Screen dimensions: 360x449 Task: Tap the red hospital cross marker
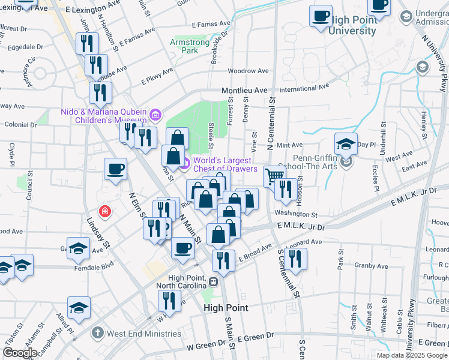[105, 211]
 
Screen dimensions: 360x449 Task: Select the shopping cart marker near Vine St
[274, 176]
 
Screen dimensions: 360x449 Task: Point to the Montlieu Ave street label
[244, 90]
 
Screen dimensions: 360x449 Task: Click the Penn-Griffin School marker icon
[346, 161]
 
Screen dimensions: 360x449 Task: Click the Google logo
[19, 353]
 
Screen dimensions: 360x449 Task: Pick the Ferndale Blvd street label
[94, 264]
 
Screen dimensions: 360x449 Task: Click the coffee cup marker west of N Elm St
[115, 168]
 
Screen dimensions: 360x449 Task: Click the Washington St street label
[296, 214]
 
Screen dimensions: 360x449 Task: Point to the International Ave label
[304, 88]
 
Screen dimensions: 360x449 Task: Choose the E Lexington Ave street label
[89, 11]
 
